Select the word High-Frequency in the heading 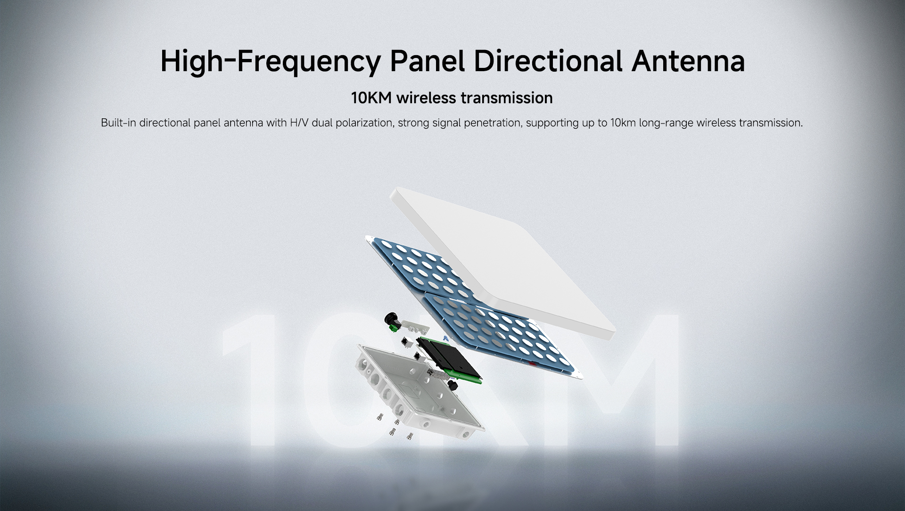pyautogui.click(x=270, y=62)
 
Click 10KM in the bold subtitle pyautogui.click(x=371, y=98)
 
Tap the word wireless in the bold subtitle pyautogui.click(x=426, y=98)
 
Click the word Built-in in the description pyautogui.click(x=119, y=123)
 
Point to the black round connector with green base pyautogui.click(x=391, y=321)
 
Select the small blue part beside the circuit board pyautogui.click(x=445, y=338)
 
